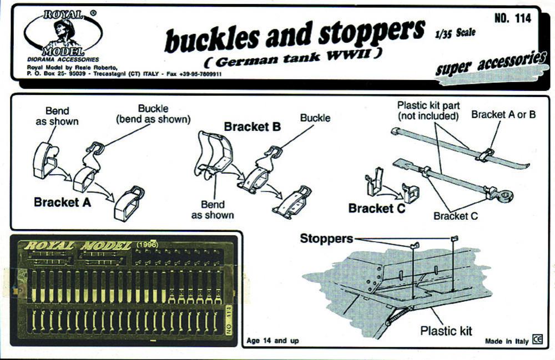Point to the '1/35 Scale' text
(x=455, y=33)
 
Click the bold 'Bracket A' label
(x=62, y=202)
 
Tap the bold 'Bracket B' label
(x=252, y=126)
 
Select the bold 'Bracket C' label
(x=376, y=209)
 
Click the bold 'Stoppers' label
(x=326, y=239)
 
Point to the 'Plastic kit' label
(x=446, y=331)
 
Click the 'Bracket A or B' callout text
(x=503, y=115)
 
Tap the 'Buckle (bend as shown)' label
(x=153, y=114)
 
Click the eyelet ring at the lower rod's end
(x=505, y=195)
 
